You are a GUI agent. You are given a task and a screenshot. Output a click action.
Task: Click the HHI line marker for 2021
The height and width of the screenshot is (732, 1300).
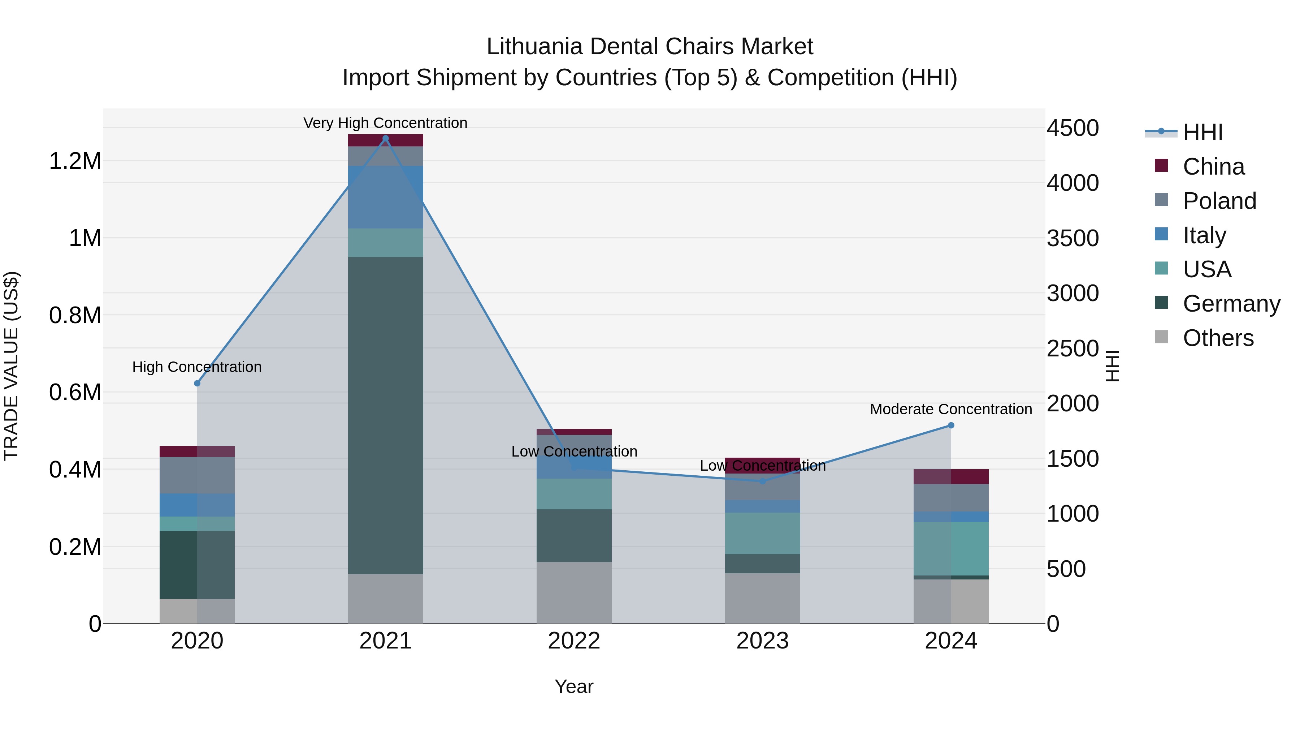pos(386,138)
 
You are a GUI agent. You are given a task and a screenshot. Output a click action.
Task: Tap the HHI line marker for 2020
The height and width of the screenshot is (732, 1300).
pos(197,384)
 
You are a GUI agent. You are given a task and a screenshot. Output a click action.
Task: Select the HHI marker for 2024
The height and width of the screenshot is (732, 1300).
pos(951,425)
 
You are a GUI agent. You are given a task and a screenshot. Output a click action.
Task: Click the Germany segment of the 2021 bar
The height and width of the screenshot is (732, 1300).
pos(386,414)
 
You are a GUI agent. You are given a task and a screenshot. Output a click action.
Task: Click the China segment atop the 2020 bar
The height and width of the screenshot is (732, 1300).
pos(197,451)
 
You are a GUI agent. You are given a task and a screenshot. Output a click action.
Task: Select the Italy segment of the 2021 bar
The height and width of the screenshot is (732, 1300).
pos(386,197)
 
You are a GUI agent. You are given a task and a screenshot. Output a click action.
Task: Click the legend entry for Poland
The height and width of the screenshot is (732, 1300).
pos(1219,201)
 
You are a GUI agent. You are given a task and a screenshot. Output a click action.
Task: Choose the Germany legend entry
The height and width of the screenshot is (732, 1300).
pos(1231,304)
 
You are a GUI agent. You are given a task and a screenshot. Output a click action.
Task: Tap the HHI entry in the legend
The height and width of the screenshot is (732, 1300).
pos(1202,132)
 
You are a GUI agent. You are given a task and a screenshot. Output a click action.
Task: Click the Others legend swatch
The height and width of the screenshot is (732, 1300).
pos(1161,337)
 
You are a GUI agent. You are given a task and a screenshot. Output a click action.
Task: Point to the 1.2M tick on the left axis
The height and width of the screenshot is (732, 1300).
pos(75,161)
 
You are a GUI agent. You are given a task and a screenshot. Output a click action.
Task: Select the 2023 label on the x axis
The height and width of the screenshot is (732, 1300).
pos(763,641)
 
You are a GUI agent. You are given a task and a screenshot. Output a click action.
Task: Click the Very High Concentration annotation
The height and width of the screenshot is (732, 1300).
pos(386,123)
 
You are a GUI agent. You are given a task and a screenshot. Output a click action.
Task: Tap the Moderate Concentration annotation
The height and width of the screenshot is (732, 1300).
pos(951,409)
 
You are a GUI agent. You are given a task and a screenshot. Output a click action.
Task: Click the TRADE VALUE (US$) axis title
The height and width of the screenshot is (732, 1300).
pos(12,366)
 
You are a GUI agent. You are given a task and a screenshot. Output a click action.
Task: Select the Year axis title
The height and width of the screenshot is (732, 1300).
pos(574,686)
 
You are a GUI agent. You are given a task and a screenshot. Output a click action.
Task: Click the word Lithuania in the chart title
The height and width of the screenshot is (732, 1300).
pos(534,47)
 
